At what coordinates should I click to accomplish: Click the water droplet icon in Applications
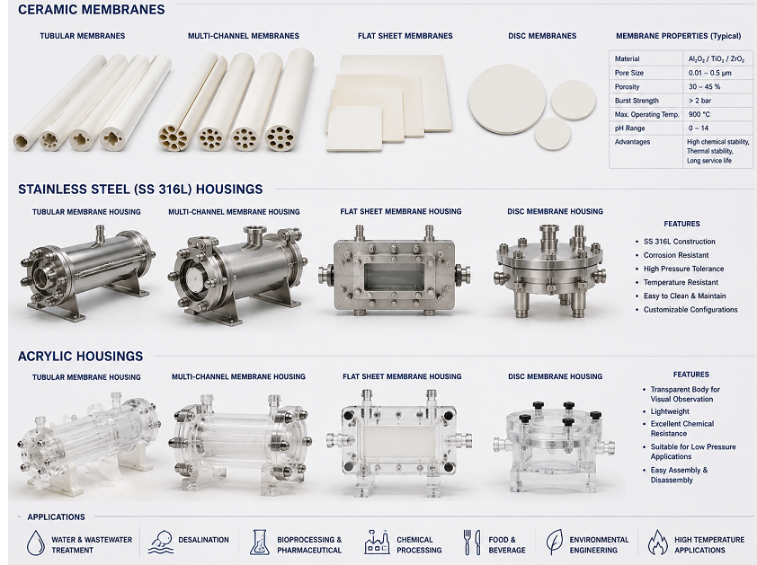(x=35, y=543)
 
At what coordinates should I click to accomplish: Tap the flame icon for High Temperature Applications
(x=657, y=543)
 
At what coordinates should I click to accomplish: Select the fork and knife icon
(x=472, y=543)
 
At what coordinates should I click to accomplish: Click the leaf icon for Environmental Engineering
(x=554, y=542)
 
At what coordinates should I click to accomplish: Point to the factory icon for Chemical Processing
(x=377, y=543)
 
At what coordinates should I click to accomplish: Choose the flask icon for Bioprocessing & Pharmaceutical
(x=259, y=543)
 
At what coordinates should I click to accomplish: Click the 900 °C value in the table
(x=699, y=114)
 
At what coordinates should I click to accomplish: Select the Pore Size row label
(x=629, y=73)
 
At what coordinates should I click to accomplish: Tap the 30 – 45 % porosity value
(x=704, y=87)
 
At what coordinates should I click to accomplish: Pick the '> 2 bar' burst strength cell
(x=699, y=101)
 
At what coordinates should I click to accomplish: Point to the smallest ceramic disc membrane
(x=552, y=134)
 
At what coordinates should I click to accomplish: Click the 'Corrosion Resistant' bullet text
(x=676, y=255)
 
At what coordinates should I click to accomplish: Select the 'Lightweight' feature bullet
(x=670, y=411)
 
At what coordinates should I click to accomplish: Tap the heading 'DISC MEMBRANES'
(x=542, y=36)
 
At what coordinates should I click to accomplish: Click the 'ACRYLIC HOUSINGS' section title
(x=81, y=356)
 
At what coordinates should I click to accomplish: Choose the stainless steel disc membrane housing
(x=550, y=269)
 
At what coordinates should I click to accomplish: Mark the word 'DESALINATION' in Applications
(x=204, y=540)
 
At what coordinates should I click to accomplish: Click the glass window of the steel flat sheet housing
(x=395, y=277)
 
